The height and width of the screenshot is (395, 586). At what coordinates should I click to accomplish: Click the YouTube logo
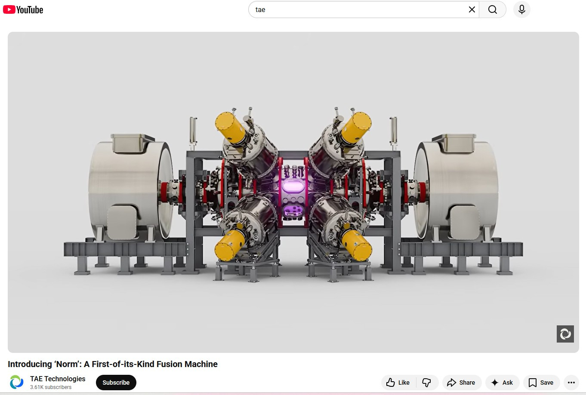[23, 10]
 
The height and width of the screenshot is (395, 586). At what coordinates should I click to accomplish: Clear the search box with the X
[472, 10]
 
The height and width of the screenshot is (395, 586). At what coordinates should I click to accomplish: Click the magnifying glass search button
[492, 10]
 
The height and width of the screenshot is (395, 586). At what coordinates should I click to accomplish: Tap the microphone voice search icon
[521, 10]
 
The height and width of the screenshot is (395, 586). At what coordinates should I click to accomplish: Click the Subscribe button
[116, 383]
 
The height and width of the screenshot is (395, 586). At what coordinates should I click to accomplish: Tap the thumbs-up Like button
[398, 383]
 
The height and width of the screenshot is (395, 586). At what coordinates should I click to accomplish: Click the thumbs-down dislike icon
[427, 383]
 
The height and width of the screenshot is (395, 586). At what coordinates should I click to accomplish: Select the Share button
[462, 383]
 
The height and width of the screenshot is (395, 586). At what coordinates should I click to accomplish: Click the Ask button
[502, 383]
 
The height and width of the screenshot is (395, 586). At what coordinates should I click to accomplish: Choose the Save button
[541, 383]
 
